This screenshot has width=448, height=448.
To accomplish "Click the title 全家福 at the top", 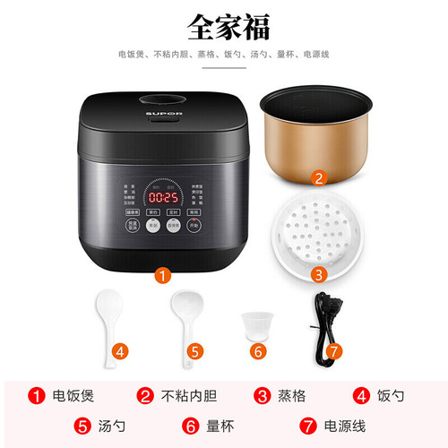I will (224, 26).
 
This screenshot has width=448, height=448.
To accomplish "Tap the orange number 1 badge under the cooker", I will (163, 276).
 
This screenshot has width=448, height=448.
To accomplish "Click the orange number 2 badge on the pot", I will (319, 177).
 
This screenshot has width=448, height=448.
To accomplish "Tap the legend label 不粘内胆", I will (184, 394).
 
